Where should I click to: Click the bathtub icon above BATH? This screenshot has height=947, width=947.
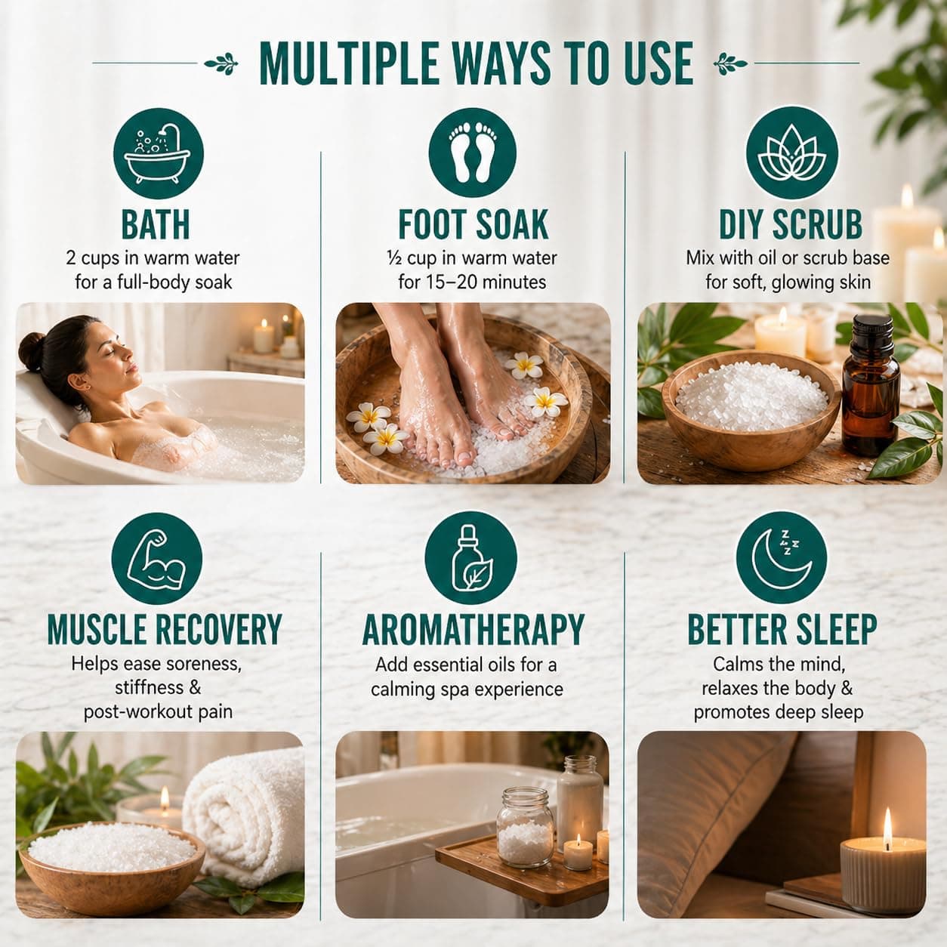click(159, 153)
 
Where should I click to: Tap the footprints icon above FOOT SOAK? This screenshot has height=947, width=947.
click(473, 153)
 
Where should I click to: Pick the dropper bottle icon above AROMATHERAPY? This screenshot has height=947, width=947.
click(470, 559)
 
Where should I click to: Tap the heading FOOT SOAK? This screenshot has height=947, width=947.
click(473, 225)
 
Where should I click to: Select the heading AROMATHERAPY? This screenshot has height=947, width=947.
click(473, 630)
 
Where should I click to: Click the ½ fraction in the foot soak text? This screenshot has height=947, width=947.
click(394, 258)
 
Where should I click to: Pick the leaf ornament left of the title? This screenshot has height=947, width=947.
click(221, 63)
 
